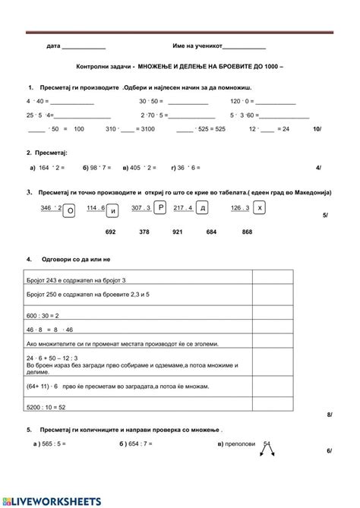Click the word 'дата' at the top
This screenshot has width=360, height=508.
pos(53,46)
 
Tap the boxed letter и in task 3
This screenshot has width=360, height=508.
pos(114,210)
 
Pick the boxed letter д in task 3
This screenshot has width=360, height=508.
pos(202,208)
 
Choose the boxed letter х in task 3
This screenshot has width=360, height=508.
pos(261,207)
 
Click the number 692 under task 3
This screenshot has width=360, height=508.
pos(110,232)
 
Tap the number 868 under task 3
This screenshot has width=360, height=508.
pos(247,232)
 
